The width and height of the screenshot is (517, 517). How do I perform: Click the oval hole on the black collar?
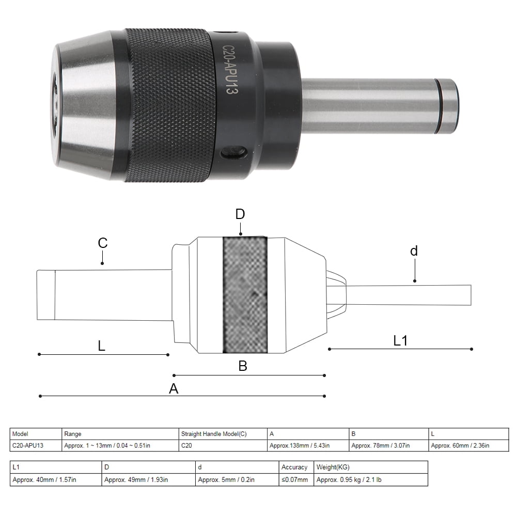click(233, 153)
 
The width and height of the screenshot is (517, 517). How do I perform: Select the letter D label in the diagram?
click(240, 214)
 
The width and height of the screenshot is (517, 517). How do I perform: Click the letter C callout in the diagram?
click(102, 243)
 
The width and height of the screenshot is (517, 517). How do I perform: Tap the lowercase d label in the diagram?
click(414, 252)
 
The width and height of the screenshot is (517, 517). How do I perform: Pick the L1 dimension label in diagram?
click(401, 340)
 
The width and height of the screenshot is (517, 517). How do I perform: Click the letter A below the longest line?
click(174, 389)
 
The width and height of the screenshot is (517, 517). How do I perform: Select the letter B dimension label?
click(243, 366)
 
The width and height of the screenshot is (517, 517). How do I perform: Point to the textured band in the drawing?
click(245, 295)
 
